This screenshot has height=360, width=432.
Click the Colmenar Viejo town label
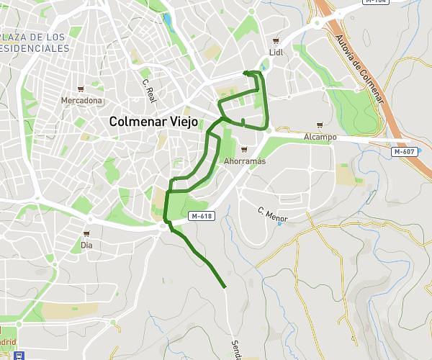[x=154, y=122]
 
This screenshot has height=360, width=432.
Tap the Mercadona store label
[x=81, y=101]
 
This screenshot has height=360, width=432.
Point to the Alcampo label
[x=320, y=137]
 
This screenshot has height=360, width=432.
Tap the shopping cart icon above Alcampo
[x=320, y=125]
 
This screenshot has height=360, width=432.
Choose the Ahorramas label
[x=245, y=161]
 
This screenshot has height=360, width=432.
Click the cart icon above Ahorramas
[x=245, y=150]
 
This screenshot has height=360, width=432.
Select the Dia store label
[x=87, y=245]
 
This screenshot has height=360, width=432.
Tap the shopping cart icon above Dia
[x=86, y=233]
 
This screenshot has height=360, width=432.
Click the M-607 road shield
[x=403, y=152]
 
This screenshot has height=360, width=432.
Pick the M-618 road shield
[x=201, y=216]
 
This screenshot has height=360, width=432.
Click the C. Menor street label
[x=273, y=214]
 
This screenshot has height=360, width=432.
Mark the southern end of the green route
[x=225, y=287]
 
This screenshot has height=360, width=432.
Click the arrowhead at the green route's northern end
[x=246, y=72]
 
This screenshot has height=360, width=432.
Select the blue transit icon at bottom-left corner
[x=19, y=355]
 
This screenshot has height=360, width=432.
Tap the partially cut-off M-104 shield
[x=375, y=2]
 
